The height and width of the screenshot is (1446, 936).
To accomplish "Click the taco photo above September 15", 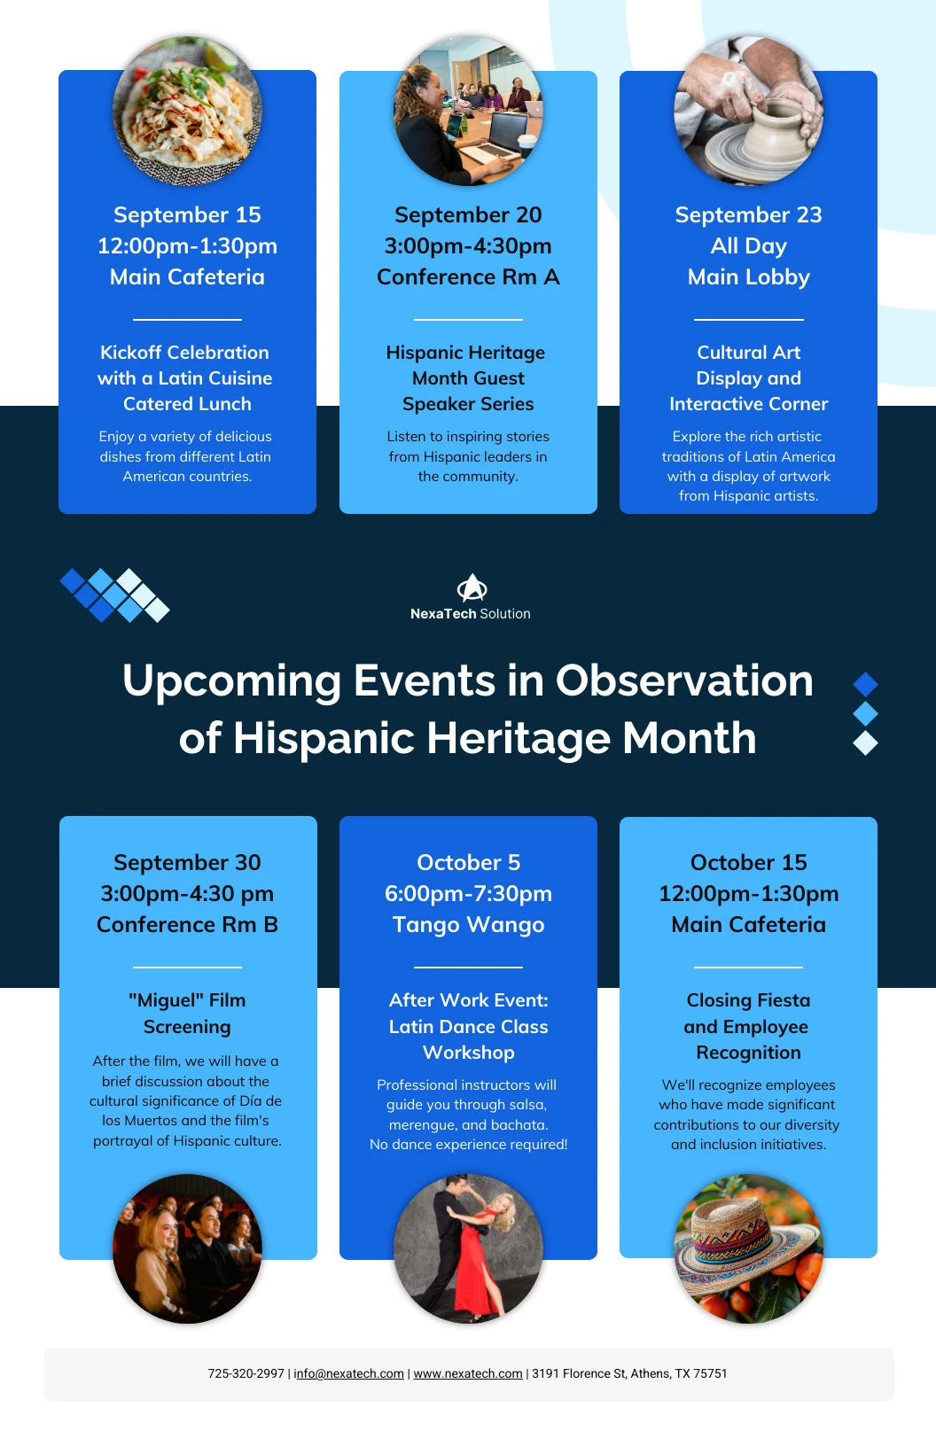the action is coord(187,111).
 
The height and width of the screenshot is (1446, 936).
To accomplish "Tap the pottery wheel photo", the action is coord(748,111).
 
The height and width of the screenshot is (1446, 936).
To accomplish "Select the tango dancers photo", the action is coord(468,1248).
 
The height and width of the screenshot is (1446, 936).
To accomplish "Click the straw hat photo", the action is coord(749,1248).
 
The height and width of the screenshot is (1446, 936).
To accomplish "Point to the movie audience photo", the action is coord(187,1248).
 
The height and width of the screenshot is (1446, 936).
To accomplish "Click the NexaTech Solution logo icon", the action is coord(472,587).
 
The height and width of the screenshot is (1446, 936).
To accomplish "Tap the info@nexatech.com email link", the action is coord(349,1373).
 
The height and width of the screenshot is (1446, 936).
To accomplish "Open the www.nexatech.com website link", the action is coord(468,1373).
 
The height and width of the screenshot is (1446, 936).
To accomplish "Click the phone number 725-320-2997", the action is coord(246,1373).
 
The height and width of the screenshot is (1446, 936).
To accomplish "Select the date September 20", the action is coord(468,215).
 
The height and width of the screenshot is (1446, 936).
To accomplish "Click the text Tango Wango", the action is coord(468,924).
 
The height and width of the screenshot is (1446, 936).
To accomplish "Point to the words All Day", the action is coord(749,246).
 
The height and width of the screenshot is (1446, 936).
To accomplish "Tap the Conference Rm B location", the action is coord(187,924).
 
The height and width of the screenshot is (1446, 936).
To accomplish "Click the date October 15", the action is coord(749,862).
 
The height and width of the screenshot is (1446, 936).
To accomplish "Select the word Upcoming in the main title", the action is coord(231,681).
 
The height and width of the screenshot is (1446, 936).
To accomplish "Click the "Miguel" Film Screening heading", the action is coord(187,1013).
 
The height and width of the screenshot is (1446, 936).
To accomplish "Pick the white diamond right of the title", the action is coord(866,743).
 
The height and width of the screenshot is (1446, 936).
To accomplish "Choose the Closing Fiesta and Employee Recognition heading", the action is coord(748,1026).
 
